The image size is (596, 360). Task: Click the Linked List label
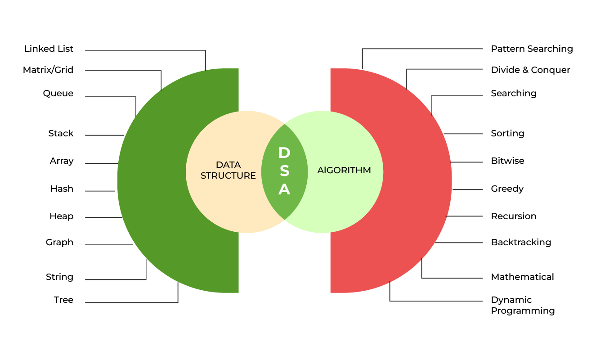click(49, 49)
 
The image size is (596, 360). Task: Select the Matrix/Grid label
click(48, 70)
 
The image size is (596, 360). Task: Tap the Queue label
click(58, 94)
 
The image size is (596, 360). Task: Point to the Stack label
click(61, 134)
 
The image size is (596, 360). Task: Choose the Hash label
click(62, 189)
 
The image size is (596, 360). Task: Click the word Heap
click(61, 216)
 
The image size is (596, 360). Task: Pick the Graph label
click(59, 243)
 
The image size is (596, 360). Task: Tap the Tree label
click(63, 300)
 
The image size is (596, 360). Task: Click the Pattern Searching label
click(532, 49)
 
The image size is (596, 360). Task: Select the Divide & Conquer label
click(530, 70)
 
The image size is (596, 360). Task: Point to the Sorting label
click(507, 134)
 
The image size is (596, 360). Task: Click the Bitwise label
click(507, 161)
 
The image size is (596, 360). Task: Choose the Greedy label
click(507, 189)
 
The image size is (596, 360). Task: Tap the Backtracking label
click(521, 243)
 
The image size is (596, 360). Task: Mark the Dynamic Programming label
click(523, 305)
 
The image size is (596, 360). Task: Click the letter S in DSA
click(284, 171)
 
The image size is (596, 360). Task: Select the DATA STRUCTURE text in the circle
click(228, 170)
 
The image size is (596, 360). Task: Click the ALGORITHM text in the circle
click(344, 170)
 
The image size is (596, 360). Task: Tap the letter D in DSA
click(284, 153)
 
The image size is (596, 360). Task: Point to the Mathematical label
click(522, 277)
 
